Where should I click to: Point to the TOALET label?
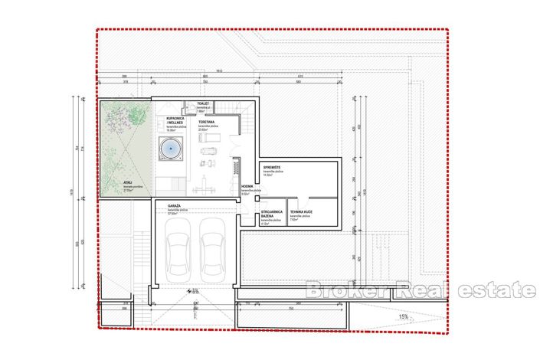(203, 103)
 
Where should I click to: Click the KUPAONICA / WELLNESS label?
(178, 121)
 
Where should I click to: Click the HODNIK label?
(247, 186)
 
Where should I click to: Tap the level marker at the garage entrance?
(195, 290)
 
